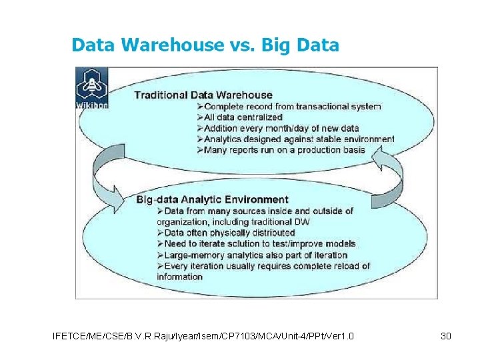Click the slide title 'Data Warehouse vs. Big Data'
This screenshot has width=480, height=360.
pyautogui.click(x=205, y=45)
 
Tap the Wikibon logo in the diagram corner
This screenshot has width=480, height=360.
pyautogui.click(x=92, y=87)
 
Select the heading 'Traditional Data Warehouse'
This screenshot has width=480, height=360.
pyautogui.click(x=203, y=95)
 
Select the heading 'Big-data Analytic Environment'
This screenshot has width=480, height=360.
pyautogui.click(x=212, y=199)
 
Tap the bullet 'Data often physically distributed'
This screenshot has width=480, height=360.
pyautogui.click(x=225, y=233)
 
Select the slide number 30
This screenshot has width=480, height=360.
pyautogui.click(x=446, y=336)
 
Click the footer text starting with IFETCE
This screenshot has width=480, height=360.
pyautogui.click(x=203, y=336)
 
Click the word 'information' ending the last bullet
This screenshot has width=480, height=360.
pyautogui.click(x=180, y=277)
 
